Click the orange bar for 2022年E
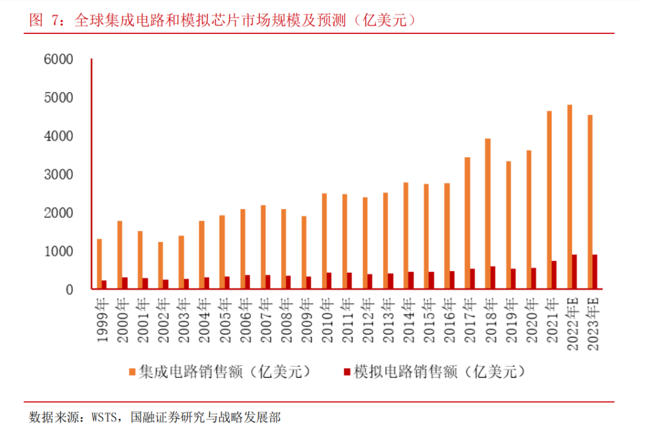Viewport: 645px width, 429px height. click(569, 197)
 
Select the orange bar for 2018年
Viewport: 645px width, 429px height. click(488, 214)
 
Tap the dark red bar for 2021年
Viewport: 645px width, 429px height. click(554, 275)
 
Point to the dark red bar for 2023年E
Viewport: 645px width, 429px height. click(595, 272)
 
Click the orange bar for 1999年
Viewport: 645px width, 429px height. click(100, 264)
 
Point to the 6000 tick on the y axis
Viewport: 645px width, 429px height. click(91, 59)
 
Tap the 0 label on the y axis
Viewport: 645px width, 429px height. click(69, 290)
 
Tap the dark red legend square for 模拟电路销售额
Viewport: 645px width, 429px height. click(346, 372)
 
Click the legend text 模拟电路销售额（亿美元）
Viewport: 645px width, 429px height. click(440, 372)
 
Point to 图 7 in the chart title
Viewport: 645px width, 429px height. click(45, 20)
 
